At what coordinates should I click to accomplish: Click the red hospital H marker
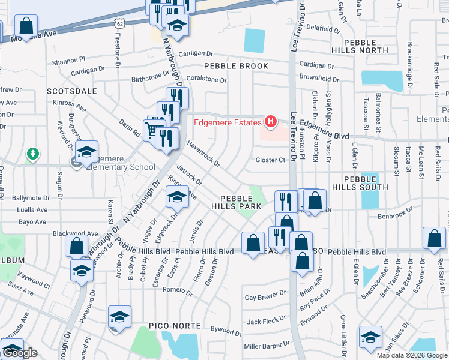click(x=270, y=122)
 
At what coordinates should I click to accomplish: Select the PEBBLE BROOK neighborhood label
click(x=236, y=66)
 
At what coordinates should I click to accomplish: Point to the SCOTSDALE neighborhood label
click(x=72, y=91)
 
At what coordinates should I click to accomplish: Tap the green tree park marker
click(x=32, y=154)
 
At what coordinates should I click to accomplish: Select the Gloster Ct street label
click(x=270, y=160)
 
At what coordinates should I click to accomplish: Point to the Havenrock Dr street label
click(x=203, y=154)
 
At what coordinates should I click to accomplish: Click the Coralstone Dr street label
click(x=206, y=79)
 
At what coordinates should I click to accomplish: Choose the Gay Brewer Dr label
click(x=265, y=297)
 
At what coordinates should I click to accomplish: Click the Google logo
click(x=20, y=353)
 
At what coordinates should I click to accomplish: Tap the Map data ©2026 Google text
click(x=412, y=355)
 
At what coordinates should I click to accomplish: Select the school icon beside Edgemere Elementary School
click(x=87, y=152)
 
